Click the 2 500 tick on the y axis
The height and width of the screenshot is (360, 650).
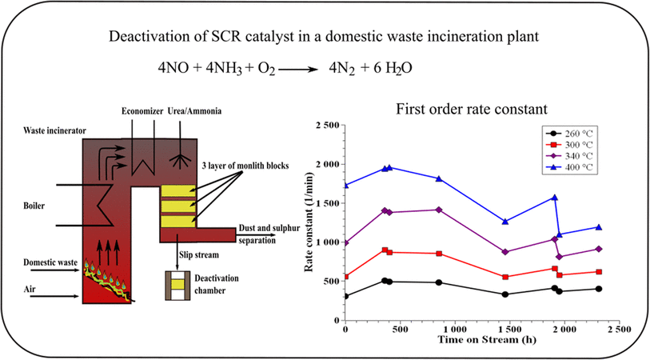click(325, 126)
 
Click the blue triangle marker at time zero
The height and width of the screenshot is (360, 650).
click(345, 185)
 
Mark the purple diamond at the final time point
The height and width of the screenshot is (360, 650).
click(599, 249)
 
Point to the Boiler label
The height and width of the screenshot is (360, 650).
click(34, 204)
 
